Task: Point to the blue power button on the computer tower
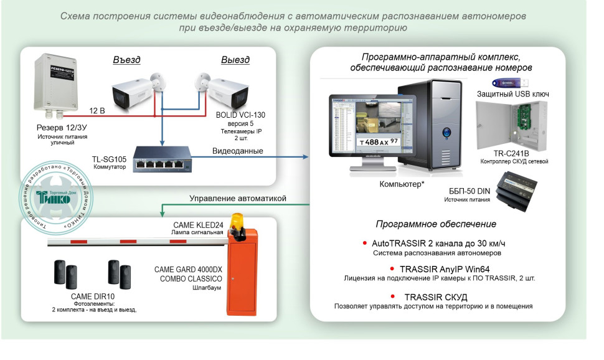(446, 132)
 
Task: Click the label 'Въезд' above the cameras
(126, 60)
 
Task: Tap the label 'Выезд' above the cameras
(235, 60)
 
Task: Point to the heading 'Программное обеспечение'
(436, 224)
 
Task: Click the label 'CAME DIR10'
(92, 296)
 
